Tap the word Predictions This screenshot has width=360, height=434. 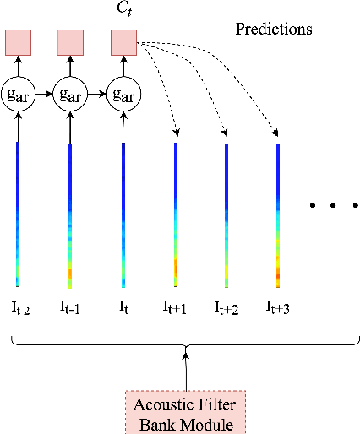click(273, 30)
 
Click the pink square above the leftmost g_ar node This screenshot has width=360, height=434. click(18, 41)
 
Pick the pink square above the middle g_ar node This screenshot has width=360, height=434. click(69, 41)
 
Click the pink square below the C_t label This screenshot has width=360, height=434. click(123, 41)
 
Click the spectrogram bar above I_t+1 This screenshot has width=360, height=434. click(176, 215)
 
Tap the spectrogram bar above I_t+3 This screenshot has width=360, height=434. click(278, 215)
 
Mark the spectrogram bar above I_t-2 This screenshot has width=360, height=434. click(17, 215)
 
